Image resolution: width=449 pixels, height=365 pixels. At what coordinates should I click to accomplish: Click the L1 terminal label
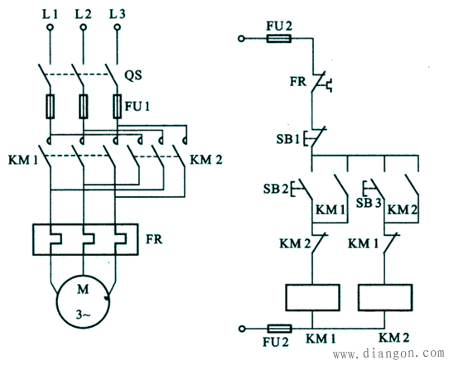click(50, 14)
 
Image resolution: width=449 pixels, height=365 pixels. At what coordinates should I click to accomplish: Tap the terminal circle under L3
click(117, 27)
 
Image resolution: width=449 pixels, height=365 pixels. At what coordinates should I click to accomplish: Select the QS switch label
click(133, 75)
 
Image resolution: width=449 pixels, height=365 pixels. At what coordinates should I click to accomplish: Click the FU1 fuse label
click(138, 107)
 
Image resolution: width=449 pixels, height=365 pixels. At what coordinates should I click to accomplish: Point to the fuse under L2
click(84, 107)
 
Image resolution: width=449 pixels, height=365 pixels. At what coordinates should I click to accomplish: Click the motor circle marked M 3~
click(83, 302)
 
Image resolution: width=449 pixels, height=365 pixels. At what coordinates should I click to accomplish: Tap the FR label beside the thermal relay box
click(154, 239)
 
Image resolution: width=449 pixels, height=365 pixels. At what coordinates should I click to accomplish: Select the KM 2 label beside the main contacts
click(206, 160)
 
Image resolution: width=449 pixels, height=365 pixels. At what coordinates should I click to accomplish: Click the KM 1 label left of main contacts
click(23, 161)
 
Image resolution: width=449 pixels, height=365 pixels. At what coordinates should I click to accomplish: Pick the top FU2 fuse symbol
click(279, 38)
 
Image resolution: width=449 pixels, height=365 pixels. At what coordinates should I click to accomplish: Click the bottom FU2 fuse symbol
click(279, 329)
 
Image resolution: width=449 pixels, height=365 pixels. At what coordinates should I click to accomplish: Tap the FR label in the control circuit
click(298, 81)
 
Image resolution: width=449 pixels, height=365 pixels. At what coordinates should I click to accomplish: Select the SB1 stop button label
click(287, 139)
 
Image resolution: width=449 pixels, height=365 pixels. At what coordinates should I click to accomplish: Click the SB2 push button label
click(276, 189)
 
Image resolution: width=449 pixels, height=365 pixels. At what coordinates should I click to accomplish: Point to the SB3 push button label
click(369, 203)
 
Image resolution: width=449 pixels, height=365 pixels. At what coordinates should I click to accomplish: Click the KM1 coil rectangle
click(312, 297)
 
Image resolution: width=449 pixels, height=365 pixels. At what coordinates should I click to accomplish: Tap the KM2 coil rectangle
click(385, 297)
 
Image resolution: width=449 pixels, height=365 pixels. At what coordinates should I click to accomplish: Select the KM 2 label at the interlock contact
click(295, 244)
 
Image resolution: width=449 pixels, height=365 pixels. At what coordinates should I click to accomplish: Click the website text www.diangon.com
click(389, 354)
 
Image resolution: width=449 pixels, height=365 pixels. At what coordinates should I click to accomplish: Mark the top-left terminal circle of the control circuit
click(241, 38)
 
